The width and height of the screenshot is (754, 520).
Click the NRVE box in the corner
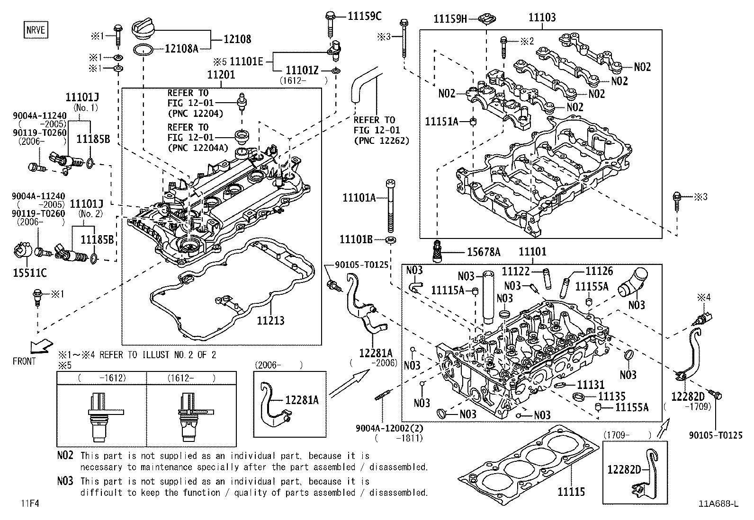(x=36, y=30)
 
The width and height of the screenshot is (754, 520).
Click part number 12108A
(x=182, y=48)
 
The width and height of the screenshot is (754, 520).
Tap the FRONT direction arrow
(x=40, y=347)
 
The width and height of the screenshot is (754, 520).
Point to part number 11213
(x=270, y=320)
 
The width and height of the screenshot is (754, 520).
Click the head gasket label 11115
(x=571, y=492)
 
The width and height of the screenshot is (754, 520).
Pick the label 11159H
(x=450, y=19)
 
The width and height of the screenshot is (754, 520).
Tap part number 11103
(x=542, y=18)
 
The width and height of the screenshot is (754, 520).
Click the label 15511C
(x=29, y=273)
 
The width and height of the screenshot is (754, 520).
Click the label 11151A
(x=441, y=122)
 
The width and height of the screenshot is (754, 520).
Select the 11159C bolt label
(x=364, y=16)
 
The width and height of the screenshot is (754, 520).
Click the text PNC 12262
(x=381, y=141)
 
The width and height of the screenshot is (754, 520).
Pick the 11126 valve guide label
(x=599, y=271)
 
